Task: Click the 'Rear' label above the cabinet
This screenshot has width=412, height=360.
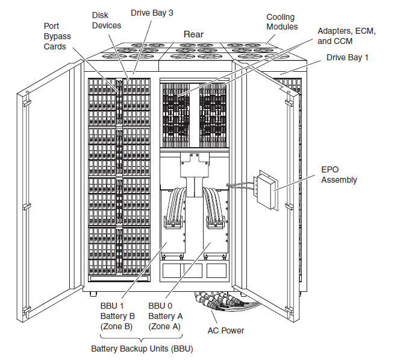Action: (193, 34)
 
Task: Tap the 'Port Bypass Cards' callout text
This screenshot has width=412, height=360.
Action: (57, 36)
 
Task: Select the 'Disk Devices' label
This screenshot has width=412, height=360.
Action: (107, 21)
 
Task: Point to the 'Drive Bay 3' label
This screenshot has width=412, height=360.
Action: (152, 13)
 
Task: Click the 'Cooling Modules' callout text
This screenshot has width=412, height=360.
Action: (282, 22)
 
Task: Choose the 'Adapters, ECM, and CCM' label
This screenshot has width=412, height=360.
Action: (346, 36)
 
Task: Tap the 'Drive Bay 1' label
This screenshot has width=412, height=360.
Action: (348, 58)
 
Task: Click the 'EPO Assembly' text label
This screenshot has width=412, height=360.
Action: (339, 175)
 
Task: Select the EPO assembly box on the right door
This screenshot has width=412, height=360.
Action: (266, 190)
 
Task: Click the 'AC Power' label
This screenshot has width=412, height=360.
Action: (226, 330)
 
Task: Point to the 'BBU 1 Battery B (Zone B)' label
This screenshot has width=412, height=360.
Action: (117, 316)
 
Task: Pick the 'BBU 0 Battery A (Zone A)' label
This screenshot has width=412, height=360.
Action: (165, 316)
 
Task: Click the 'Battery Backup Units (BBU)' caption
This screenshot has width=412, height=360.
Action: (142, 349)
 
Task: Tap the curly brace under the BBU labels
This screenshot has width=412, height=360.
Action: (142, 337)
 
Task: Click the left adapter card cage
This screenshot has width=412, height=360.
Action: (175, 115)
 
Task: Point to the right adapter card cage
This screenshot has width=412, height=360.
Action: (213, 115)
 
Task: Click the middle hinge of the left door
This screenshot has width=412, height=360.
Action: (27, 206)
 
